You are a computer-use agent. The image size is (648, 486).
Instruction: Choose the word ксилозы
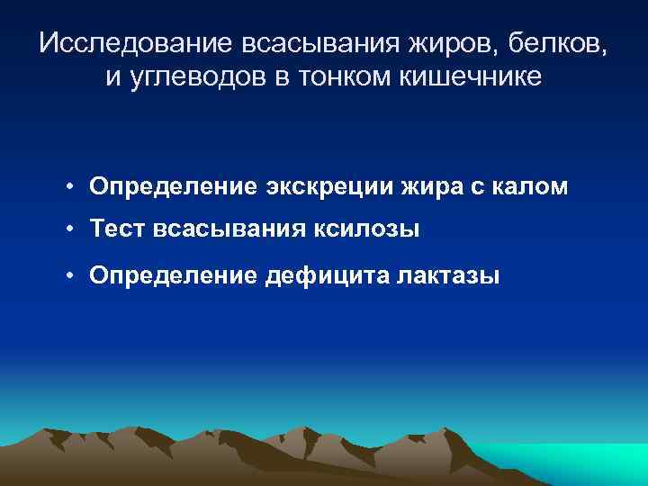click(364, 229)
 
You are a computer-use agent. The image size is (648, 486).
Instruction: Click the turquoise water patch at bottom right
click(576, 464)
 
